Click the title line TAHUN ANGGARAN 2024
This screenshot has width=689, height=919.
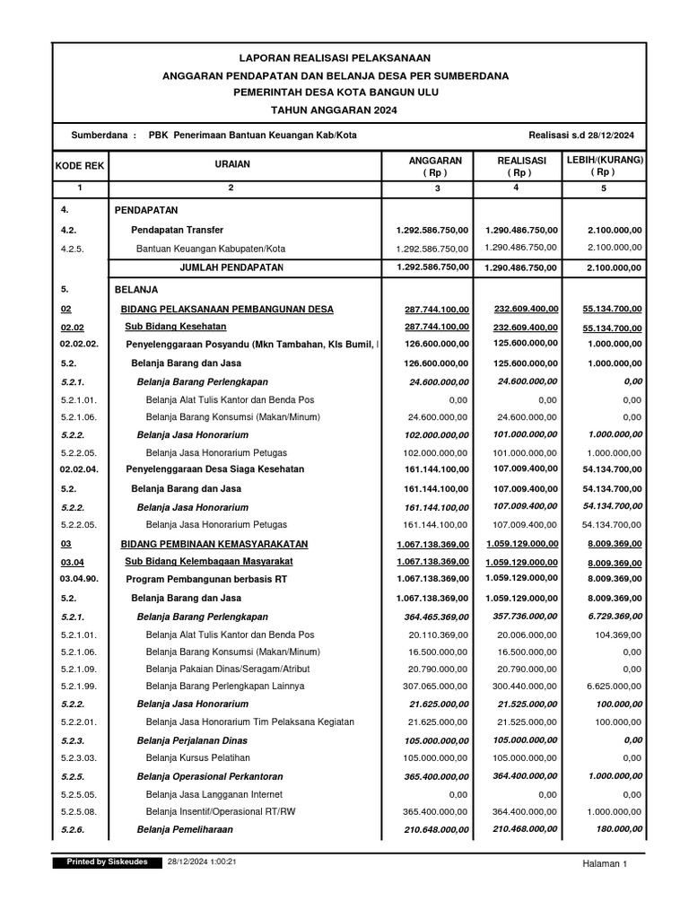coord(334,109)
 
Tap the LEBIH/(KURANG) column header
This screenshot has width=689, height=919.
coord(603,165)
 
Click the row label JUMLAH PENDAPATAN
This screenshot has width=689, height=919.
coord(231,267)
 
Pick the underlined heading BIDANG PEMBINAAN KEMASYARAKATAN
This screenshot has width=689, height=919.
coord(214,544)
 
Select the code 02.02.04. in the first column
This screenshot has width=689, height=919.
coord(80,468)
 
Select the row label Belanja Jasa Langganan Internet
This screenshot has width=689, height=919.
coord(214,794)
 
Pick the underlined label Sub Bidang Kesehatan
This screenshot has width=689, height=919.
coord(175,328)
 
